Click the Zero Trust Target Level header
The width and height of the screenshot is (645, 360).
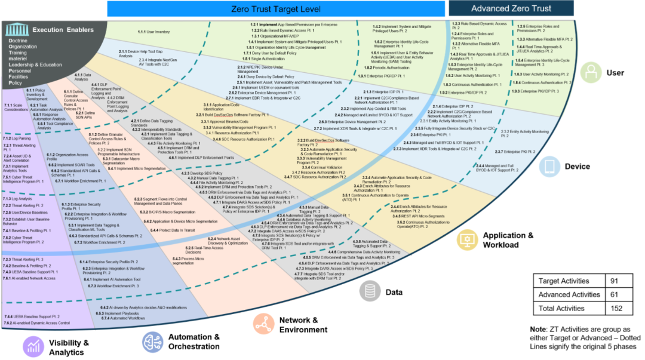(276, 8)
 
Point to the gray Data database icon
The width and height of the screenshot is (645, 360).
(370, 291)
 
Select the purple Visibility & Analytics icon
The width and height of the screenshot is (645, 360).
(33, 346)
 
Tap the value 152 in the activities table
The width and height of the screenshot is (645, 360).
(616, 308)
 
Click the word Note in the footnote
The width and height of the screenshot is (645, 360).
(539, 329)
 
